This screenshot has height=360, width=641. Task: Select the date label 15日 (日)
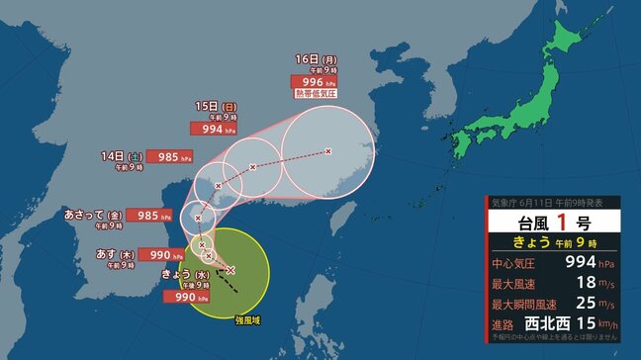[x=217, y=106]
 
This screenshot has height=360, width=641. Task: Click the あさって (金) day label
[x=92, y=214]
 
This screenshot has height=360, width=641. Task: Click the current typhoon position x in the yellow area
[x=230, y=269]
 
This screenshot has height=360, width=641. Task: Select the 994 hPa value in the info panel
[x=580, y=264]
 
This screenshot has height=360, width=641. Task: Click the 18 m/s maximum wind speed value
[x=586, y=285]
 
